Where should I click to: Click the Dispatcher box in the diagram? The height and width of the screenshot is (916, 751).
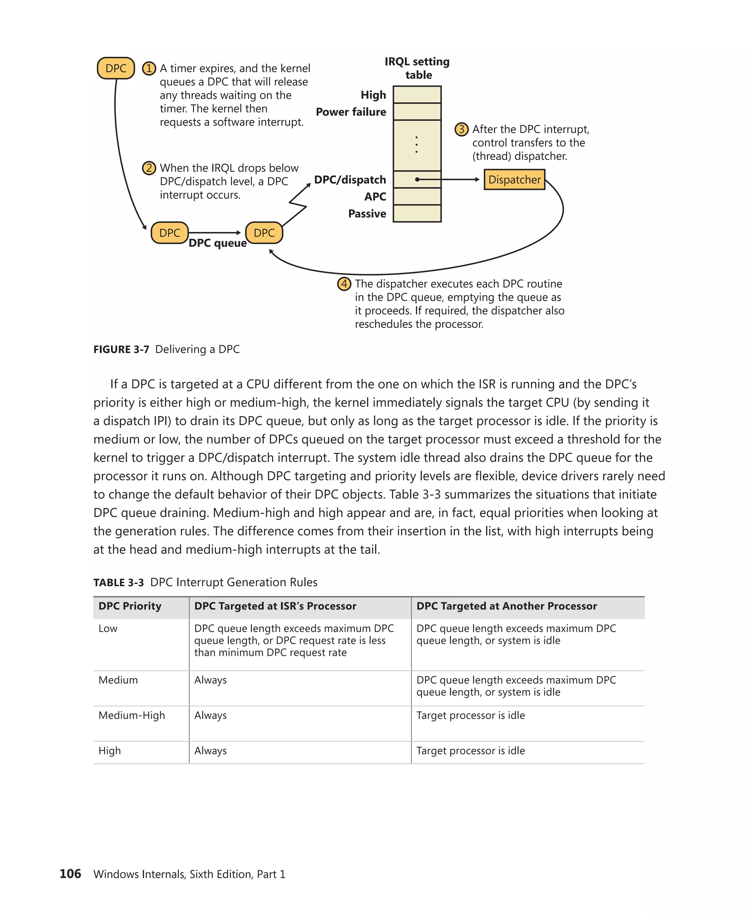point(514,180)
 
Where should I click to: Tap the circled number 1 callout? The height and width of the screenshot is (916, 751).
point(149,68)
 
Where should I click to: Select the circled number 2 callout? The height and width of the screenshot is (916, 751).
point(149,168)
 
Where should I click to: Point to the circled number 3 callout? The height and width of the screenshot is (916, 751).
point(461,129)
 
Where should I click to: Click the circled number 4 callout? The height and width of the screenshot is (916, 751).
point(344,284)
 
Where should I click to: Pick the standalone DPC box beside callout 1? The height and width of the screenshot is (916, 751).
point(116,68)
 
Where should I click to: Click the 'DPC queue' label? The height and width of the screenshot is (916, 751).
point(217,243)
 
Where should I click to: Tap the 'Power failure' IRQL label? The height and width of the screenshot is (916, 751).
point(351,112)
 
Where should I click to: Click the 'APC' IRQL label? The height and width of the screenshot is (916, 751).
point(375,197)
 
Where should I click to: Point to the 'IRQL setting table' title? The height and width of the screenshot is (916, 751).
point(417,68)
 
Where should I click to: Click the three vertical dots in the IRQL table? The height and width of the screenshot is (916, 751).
point(417,145)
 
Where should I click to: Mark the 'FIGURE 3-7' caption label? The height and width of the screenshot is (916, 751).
point(121,349)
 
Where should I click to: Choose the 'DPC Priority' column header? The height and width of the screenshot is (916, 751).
point(130,606)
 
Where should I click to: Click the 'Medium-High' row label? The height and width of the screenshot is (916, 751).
point(132,716)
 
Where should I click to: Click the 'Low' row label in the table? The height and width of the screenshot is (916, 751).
point(108,628)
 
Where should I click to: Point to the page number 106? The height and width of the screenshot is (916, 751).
point(70,874)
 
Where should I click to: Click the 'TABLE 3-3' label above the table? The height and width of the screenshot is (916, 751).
point(118,583)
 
